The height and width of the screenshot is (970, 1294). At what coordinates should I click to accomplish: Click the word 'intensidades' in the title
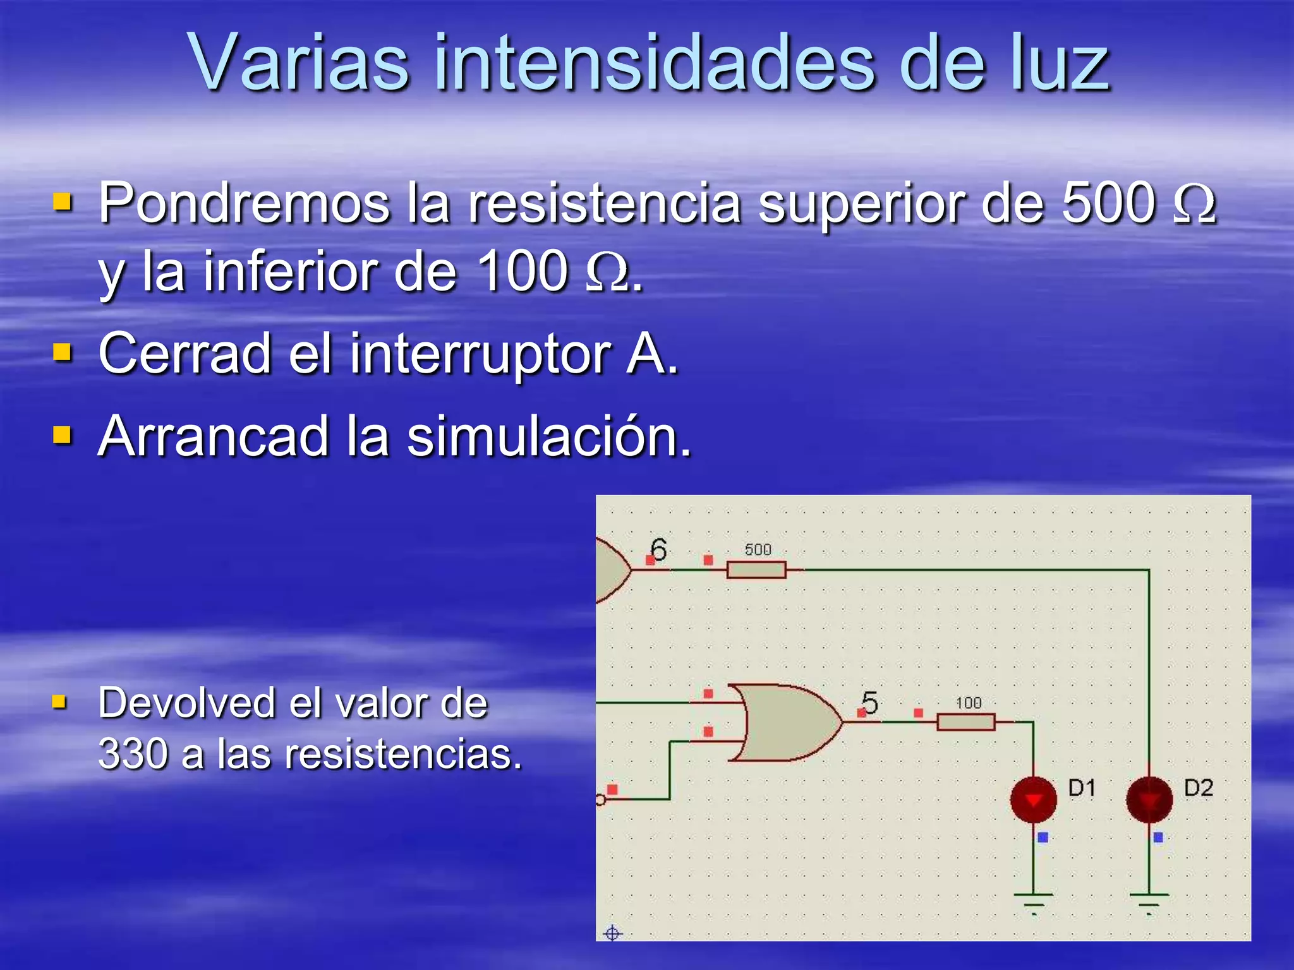coord(655,63)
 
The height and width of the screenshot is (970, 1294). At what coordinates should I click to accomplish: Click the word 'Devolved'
coord(186,703)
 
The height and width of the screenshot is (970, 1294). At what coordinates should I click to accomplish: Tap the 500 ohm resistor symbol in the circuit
coord(756,570)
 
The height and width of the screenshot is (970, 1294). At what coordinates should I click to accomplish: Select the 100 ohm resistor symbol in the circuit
coord(965,722)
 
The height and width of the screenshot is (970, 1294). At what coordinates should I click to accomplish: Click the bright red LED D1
coord(1033,799)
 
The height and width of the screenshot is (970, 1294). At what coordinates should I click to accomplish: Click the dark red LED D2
coord(1149,799)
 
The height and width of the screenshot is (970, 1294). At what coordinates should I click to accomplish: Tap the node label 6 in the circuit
coord(658,549)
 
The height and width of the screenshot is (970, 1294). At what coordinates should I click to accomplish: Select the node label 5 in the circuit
coord(870,702)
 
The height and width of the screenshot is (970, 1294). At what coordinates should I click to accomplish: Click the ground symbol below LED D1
coord(1034,901)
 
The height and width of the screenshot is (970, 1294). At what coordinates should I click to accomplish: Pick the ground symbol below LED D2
coord(1149,901)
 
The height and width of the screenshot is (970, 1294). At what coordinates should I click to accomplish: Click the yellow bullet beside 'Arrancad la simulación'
coord(62,435)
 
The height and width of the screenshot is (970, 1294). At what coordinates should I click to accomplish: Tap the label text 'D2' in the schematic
coord(1199,788)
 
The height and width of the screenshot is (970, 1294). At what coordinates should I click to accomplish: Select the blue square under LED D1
coord(1043,837)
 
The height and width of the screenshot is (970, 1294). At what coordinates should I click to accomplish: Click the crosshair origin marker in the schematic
coord(612,933)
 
